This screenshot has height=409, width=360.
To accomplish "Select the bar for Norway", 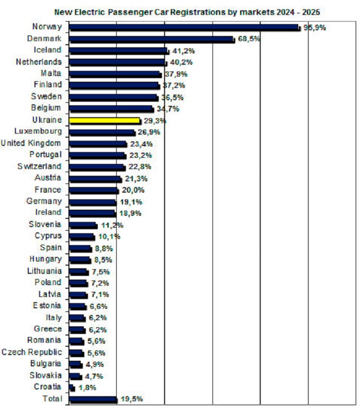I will coord(184,27).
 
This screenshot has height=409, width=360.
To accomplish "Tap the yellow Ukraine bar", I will coord(104,120).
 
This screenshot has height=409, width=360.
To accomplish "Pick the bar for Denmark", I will coord(151,39).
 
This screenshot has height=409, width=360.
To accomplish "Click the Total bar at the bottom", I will coord(93,399).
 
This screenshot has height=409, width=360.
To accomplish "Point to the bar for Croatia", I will coord(71,387).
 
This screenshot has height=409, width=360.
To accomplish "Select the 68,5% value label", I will coord(248,39).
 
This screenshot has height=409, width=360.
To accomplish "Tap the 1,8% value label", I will coord(87,387).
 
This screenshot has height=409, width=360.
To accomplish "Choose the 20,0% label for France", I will coord(132,190).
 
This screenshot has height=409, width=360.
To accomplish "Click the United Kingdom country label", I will coord(31,143).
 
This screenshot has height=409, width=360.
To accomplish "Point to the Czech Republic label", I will coord(31,352).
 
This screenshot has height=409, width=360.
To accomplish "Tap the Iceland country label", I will coord(47,50).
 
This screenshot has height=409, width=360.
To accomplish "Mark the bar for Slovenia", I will coord(83,225).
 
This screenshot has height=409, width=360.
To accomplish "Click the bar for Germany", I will coord(93,202).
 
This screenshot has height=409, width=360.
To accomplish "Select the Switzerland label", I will coord(39,166).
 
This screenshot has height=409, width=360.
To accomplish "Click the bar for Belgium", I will coord(111,108).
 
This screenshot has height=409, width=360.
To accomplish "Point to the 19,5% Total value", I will coord(131,399).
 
